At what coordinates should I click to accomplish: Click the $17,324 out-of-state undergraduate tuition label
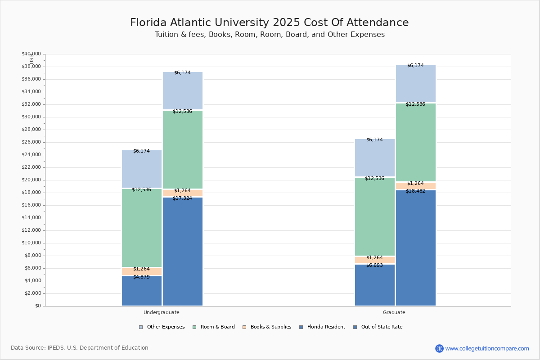pos(182,198)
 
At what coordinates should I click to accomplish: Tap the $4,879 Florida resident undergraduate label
pos(141,277)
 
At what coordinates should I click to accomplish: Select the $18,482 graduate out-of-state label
pos(415,191)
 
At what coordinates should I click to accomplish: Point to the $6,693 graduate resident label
pos(374,265)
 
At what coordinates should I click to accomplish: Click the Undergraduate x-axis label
pos(162,312)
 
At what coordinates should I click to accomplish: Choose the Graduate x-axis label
pos(394,312)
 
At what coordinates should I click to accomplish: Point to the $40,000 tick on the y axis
pos(31,54)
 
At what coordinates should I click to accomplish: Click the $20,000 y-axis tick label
pos(31,180)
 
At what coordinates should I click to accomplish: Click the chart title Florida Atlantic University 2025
pos(269,23)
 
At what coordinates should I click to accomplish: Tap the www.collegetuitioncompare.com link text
pos(487,348)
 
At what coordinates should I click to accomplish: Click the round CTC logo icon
pos(439,348)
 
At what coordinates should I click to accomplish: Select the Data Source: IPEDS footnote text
pos(80,348)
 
